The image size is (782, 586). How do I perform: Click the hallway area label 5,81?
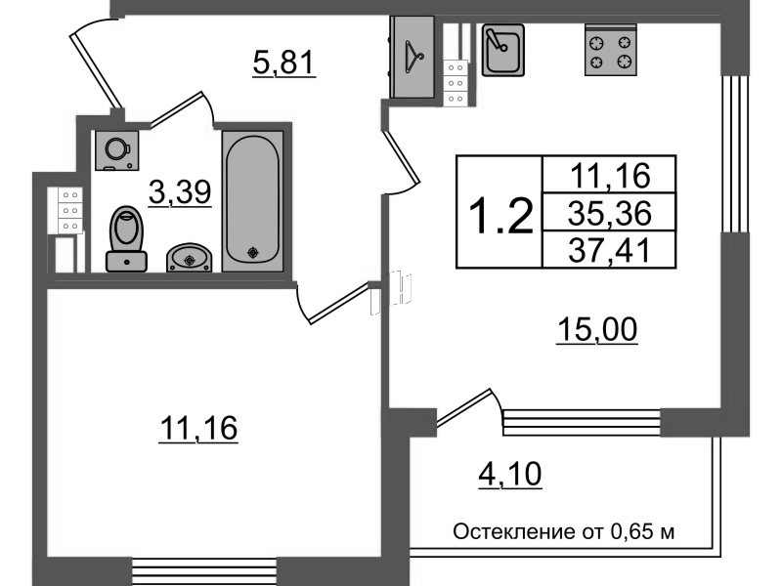coord(284,63)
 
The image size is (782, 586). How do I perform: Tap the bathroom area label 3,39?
coord(180,191)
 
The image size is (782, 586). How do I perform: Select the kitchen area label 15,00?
coord(597,330)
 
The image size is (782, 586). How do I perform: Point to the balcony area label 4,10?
coord(510,475)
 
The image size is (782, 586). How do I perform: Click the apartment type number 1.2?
coord(501,215)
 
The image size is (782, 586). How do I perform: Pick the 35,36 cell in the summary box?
coord(609,213)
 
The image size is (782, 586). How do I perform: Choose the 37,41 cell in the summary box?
coord(609,250)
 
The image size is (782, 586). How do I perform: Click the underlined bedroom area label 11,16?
coord(198,428)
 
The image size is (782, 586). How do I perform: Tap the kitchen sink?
coord(502,51)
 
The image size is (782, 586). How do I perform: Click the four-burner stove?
coord(611,51)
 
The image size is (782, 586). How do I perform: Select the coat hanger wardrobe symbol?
coord(413,58)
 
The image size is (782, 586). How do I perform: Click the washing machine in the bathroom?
coord(116,150)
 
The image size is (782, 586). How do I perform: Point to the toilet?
coord(126,238)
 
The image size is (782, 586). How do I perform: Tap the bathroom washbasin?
coord(189,258)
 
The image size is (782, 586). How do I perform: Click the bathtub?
coord(253,201)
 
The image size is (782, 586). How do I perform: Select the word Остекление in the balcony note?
coord(514,531)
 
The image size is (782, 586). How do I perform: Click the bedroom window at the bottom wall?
coord(204,572)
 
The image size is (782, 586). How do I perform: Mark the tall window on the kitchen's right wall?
coord(736,154)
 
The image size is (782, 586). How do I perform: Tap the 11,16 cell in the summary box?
coord(609,176)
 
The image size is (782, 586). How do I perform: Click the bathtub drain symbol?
coord(253,253)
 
